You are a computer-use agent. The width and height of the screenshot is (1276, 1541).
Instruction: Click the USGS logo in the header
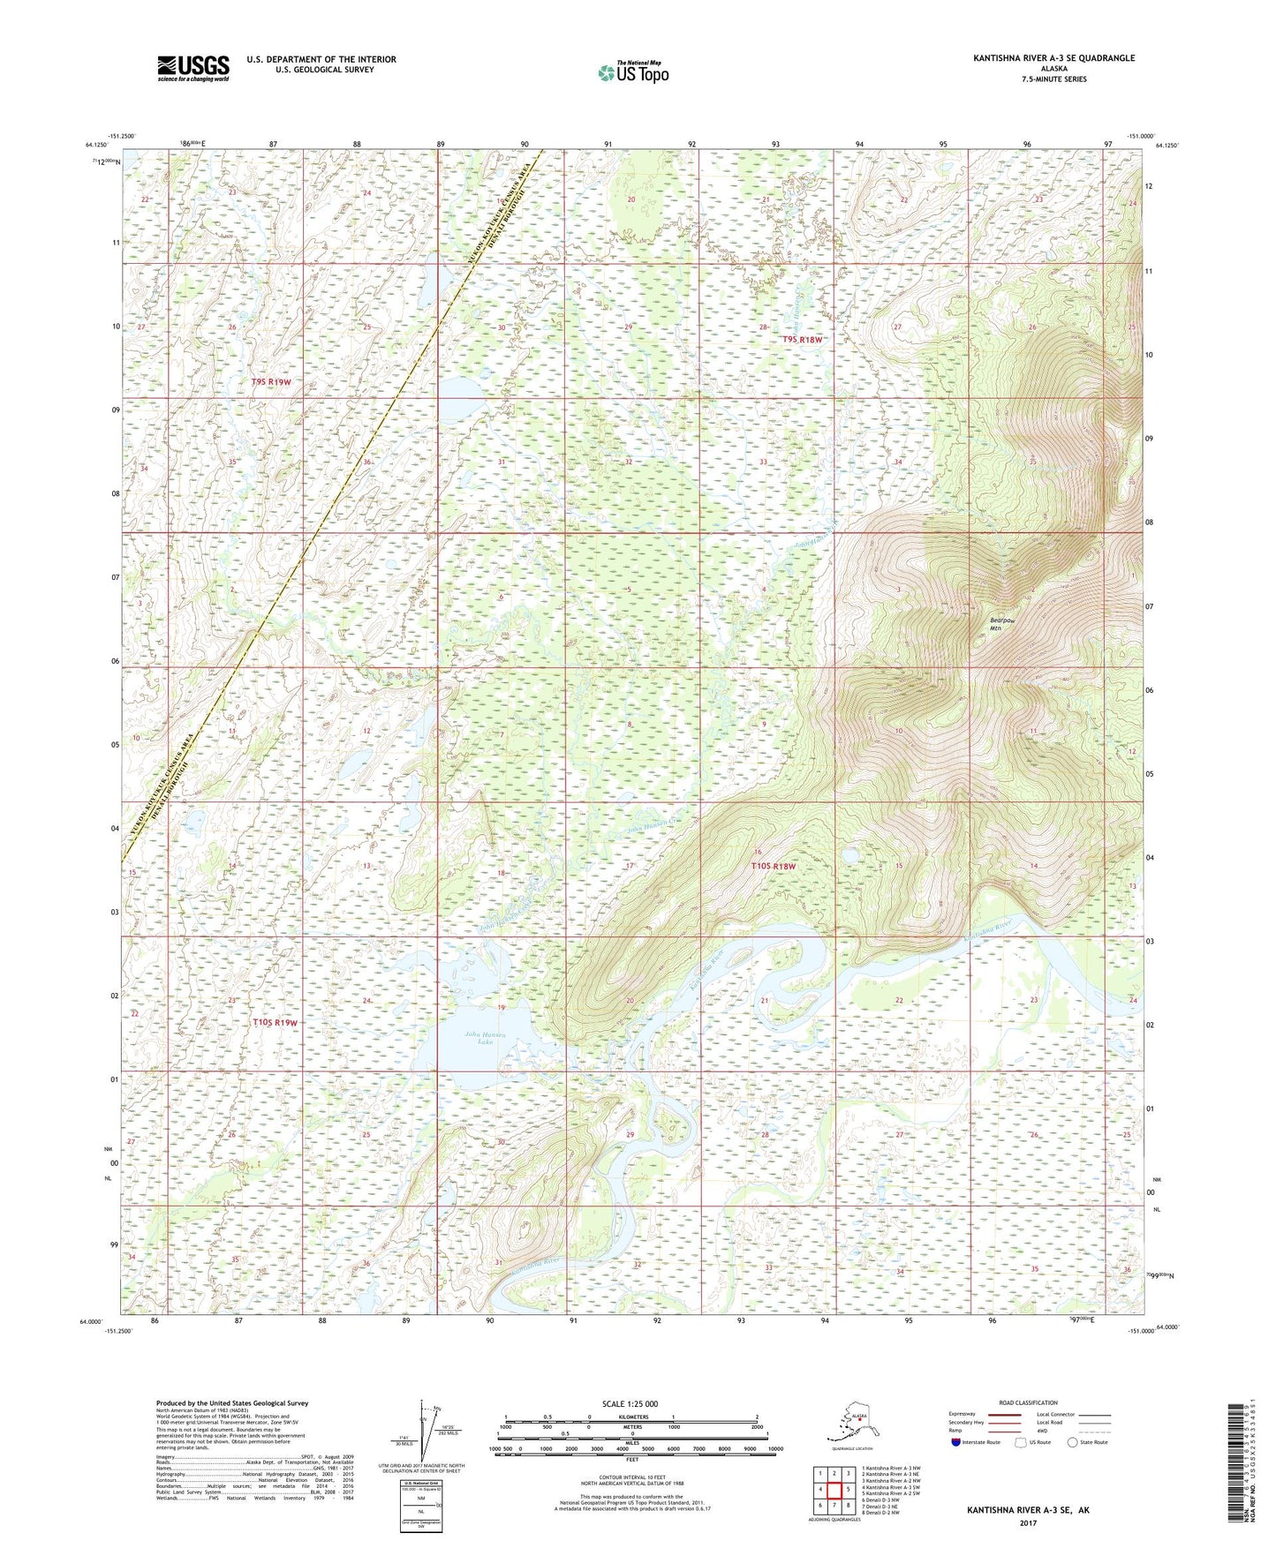point(193,68)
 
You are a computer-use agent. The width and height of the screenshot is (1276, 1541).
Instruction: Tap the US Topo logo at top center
point(632,71)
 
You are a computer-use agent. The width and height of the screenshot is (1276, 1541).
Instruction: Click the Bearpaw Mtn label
point(1001,623)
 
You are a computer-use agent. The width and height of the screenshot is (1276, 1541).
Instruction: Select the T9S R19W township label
point(271,382)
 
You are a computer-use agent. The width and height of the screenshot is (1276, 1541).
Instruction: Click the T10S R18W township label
point(773,866)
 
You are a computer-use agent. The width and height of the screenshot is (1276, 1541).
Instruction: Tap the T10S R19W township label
point(275,1022)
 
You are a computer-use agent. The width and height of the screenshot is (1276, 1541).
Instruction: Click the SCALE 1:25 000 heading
point(630,1403)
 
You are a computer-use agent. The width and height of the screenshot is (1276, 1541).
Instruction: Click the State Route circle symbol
point(1073,1442)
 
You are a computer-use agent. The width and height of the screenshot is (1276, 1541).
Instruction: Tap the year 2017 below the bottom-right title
point(1028,1522)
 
